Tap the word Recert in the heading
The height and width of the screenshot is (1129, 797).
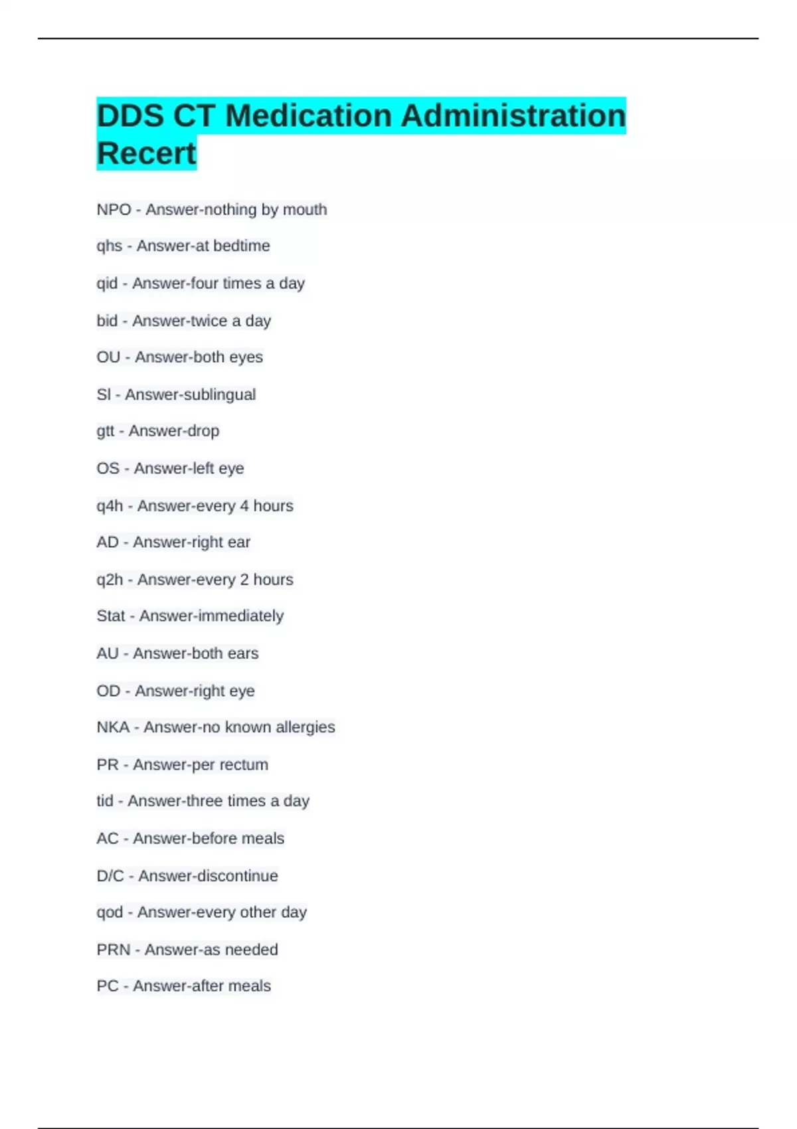coord(146,153)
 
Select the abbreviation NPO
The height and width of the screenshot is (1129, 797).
coord(114,210)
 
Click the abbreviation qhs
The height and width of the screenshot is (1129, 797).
coord(109,246)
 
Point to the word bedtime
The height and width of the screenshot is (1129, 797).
coord(241,246)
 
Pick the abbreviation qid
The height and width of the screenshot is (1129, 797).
coord(107,284)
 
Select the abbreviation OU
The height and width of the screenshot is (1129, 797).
coord(108,357)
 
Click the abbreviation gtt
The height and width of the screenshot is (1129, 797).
coord(105,432)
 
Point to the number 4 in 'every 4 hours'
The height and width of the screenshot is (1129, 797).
coord(244,506)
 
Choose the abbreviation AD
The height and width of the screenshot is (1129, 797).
coord(107,543)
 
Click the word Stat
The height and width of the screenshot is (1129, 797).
coord(110,616)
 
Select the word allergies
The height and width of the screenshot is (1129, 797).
coord(305,727)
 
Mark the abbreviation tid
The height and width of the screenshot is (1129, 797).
coord(104,801)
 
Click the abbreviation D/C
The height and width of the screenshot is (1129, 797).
coord(110,876)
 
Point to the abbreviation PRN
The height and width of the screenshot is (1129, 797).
coord(113,950)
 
